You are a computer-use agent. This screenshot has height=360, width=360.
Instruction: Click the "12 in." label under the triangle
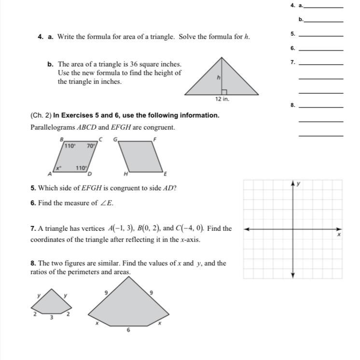222,99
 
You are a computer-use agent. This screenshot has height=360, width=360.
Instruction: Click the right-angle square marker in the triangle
224,92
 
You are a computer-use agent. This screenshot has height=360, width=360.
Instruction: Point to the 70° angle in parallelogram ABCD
90,146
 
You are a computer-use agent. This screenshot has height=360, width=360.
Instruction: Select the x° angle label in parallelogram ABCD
58,168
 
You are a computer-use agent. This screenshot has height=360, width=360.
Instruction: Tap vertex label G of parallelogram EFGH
115,139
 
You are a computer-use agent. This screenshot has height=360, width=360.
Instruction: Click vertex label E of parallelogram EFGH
165,173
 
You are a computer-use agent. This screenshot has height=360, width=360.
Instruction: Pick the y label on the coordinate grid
298,184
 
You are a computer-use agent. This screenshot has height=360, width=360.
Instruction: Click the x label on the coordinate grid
339,234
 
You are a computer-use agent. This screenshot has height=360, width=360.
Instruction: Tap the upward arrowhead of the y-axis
293,183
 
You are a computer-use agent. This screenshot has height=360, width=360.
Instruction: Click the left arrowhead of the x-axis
247,229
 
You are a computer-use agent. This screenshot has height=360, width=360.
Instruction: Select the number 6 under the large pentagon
128,330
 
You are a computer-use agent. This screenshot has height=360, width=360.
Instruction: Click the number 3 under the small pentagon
51,317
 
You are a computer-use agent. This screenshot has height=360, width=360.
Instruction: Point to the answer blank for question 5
321,36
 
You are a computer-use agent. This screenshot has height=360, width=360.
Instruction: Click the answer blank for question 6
321,49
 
